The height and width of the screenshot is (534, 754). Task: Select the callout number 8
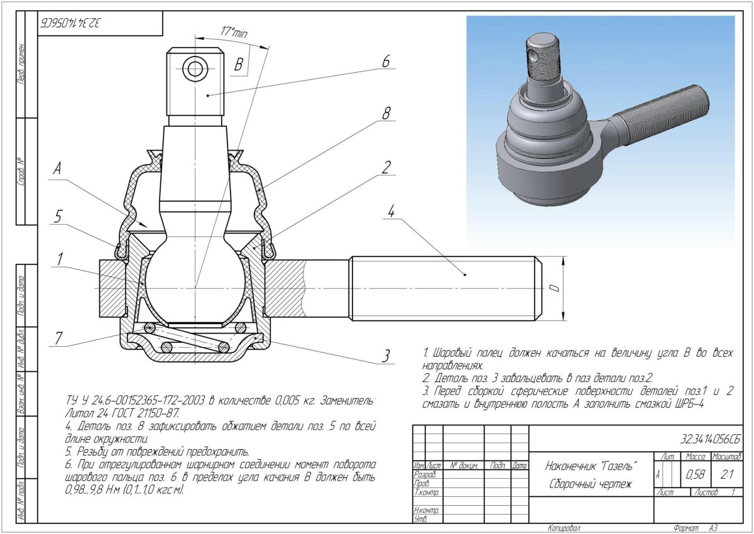coord(386,113)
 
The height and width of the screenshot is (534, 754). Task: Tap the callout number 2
coord(386,166)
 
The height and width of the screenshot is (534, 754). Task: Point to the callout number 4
coord(390,212)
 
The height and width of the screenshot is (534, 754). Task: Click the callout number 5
coord(58,216)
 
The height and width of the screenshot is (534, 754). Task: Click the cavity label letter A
coord(58,168)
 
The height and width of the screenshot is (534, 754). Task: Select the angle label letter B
coord(238,64)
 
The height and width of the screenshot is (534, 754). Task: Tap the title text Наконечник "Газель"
coord(591,466)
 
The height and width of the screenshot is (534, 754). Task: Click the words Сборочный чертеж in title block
coord(590,484)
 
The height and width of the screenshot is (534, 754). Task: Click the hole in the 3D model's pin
coord(533,56)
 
